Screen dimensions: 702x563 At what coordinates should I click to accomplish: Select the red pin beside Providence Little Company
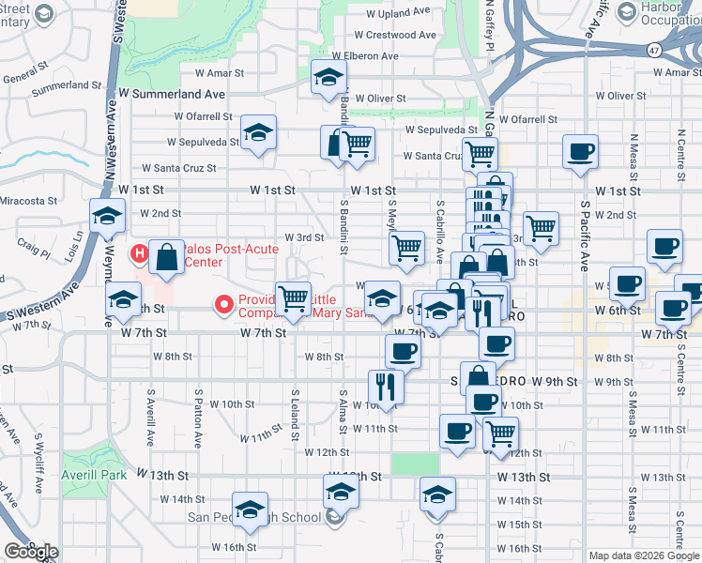pyautogui.click(x=224, y=304)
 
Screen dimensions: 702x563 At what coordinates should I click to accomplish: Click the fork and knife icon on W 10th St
pyautogui.click(x=386, y=385)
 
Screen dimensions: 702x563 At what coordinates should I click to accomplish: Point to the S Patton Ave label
pyautogui.click(x=198, y=417)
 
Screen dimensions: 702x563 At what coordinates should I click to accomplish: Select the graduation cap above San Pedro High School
pyautogui.click(x=341, y=491)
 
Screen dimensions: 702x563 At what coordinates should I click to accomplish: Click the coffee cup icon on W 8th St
pyautogui.click(x=403, y=351)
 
